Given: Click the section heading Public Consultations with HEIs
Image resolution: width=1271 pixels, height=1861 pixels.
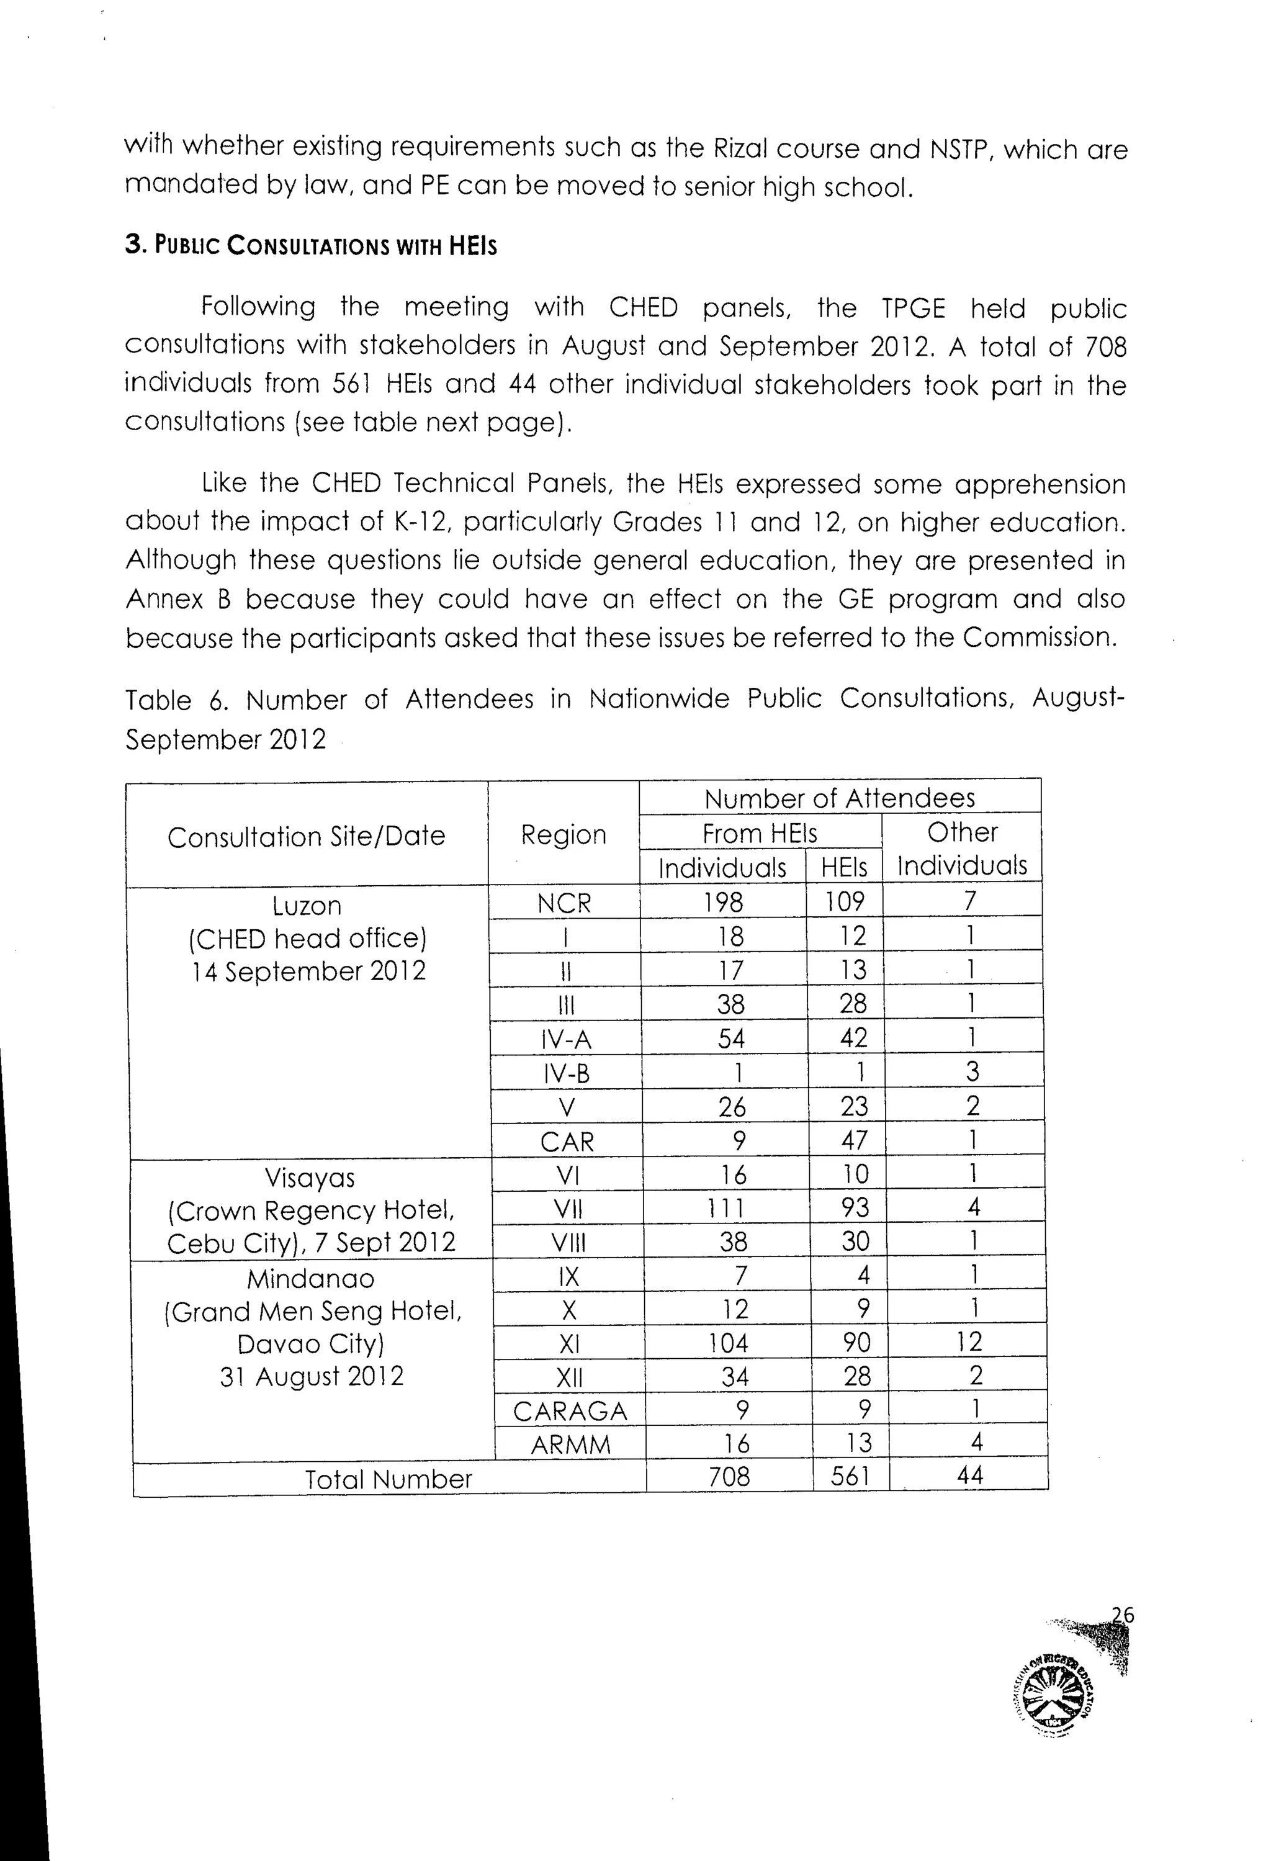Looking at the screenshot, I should coord(310,245).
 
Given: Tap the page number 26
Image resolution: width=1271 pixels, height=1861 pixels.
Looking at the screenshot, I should coord(1122,1615).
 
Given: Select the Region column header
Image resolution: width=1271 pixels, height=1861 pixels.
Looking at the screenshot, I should coord(564,834).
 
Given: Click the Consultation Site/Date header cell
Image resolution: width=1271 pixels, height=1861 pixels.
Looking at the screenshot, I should coord(307,836).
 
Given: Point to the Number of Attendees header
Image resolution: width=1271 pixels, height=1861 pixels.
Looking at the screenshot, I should coord(840,798).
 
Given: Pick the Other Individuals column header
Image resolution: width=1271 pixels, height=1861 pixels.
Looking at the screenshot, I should coord(962,849).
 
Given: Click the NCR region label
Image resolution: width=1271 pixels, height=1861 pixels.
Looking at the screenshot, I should coord(564,903).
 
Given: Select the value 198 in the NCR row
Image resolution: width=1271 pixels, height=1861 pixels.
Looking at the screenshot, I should coord(724,903).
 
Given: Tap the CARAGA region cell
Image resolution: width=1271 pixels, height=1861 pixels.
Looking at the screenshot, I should coord(570,1411).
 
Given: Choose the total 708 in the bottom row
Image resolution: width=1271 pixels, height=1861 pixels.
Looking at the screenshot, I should coord(729,1476).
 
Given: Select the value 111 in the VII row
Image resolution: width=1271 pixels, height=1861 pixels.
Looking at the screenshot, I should coord(727,1207).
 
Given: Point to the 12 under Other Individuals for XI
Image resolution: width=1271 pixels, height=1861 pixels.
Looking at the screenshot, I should coord(969,1342).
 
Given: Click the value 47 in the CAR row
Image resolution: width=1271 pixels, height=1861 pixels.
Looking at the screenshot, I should coord(854,1140).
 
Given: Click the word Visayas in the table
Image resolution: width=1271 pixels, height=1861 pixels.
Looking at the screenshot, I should coord(310,1178).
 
